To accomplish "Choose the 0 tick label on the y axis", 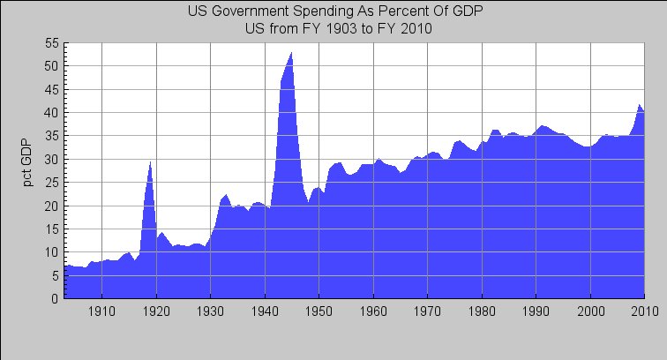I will click(x=55, y=299).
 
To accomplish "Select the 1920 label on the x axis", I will click(x=156, y=311).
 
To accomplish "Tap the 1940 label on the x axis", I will click(x=265, y=311).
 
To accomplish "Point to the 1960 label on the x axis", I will click(x=373, y=311).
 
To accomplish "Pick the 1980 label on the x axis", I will click(x=482, y=311).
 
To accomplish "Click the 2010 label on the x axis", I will click(x=643, y=311).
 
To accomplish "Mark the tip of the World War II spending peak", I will click(x=291, y=53).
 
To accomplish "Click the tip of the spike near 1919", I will click(x=151, y=162).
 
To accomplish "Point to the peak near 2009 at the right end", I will click(x=639, y=105).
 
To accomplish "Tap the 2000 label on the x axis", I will click(x=590, y=311).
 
